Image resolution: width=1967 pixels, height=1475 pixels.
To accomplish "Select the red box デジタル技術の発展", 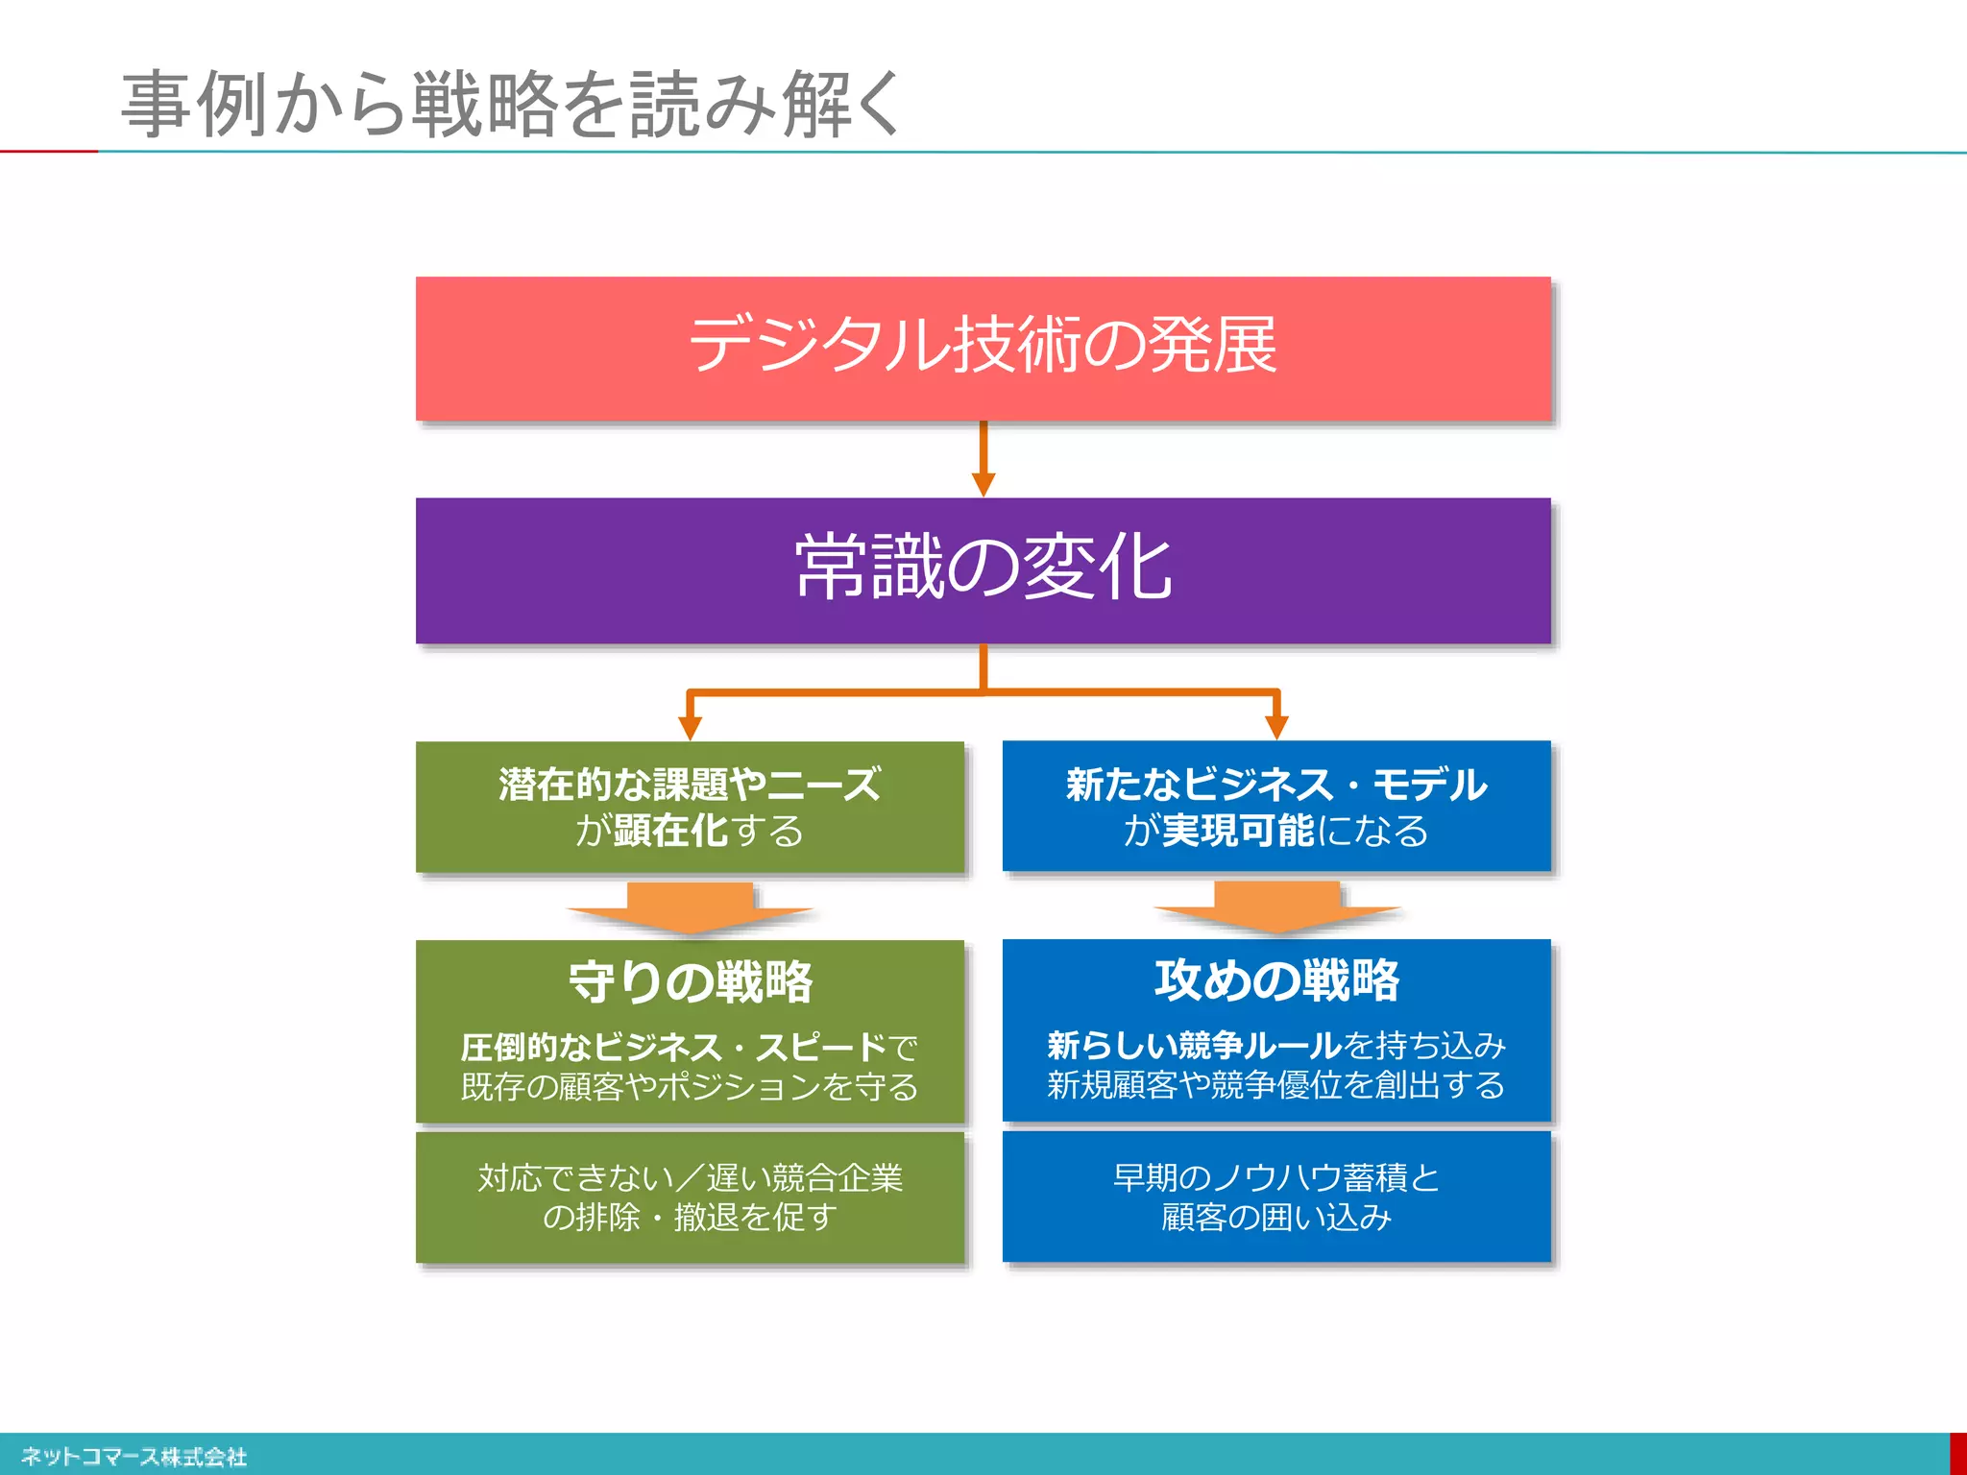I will [x=983, y=348].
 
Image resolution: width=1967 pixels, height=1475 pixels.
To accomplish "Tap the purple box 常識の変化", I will [x=983, y=569].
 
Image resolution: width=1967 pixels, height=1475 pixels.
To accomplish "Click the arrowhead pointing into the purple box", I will [x=983, y=484].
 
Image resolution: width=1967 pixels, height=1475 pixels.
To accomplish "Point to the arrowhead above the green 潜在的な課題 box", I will [x=690, y=728].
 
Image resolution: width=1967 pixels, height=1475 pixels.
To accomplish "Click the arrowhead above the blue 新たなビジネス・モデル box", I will [x=1276, y=728].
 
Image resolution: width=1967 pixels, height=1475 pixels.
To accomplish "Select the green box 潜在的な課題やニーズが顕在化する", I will [x=690, y=807].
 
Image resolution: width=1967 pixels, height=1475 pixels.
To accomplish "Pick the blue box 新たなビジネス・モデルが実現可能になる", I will [x=1276, y=807].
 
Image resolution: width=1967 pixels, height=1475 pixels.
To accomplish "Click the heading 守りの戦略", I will [x=690, y=982].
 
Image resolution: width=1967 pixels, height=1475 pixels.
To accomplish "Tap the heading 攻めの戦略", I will [x=1276, y=980].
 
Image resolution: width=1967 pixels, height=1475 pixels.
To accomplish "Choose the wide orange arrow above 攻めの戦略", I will [x=1276, y=907].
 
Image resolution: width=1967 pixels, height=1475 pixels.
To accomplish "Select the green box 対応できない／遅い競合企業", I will [x=690, y=1197].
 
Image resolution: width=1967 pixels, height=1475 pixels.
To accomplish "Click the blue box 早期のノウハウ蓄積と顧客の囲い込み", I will [x=1276, y=1197].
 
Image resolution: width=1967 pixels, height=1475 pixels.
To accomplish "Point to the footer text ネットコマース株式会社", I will [x=134, y=1457].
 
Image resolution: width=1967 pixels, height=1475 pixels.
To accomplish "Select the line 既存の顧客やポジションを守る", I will [x=690, y=1087].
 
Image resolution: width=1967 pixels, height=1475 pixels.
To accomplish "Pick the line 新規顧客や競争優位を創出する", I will [x=1276, y=1085].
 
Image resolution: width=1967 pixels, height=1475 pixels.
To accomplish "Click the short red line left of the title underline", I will [x=48, y=151].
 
